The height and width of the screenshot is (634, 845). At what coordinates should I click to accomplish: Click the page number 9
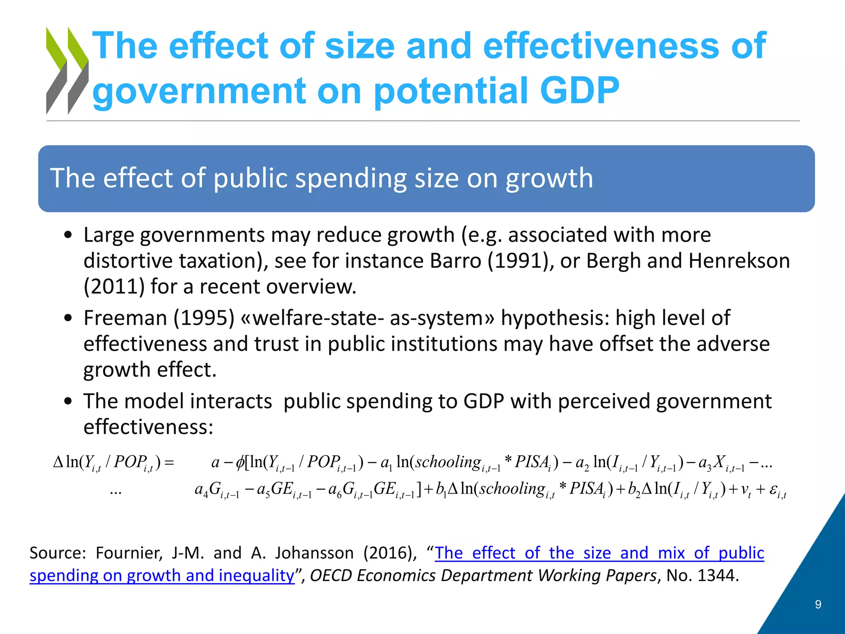[x=818, y=605]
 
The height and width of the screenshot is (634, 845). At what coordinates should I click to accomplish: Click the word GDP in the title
[x=579, y=90]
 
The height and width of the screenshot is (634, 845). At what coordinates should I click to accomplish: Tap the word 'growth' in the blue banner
[x=549, y=178]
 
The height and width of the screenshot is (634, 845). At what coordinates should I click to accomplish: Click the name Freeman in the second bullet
[x=125, y=318]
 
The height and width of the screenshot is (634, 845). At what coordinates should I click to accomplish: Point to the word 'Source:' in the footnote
[x=57, y=553]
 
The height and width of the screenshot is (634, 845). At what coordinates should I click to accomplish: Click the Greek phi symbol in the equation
[x=240, y=462]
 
